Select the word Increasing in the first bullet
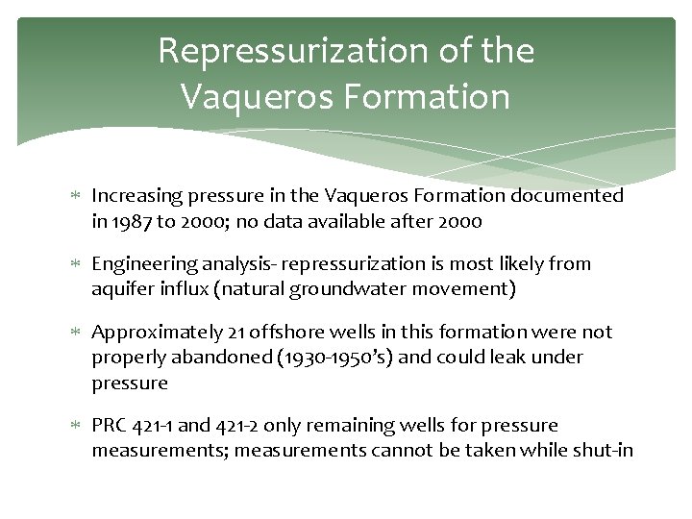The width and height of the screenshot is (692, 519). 136,196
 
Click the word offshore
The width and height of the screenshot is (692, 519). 279,333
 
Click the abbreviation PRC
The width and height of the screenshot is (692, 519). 110,426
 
